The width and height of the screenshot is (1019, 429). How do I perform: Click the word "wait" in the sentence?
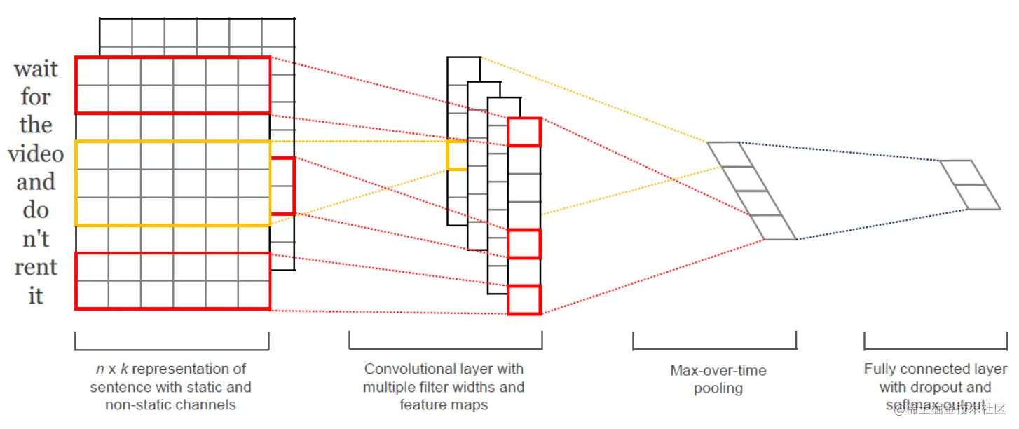click(x=36, y=69)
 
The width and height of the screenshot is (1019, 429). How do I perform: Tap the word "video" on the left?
click(x=36, y=154)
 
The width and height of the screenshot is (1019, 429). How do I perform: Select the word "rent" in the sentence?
click(x=36, y=267)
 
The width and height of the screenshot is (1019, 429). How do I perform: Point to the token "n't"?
click(x=36, y=238)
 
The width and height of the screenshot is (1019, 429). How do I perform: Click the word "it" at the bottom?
click(x=36, y=296)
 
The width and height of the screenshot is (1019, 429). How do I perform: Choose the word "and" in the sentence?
click(x=36, y=182)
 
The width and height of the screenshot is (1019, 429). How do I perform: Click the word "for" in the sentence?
click(x=36, y=97)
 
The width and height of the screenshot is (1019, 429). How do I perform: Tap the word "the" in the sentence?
click(x=36, y=125)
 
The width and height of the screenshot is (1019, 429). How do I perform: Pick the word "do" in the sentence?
click(x=36, y=210)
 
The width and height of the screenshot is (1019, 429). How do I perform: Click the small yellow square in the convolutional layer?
click(x=457, y=155)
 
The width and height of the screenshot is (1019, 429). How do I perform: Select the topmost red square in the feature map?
click(x=524, y=132)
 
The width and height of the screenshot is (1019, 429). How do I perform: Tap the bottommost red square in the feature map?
click(x=524, y=299)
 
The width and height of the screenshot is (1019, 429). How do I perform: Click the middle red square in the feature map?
click(x=524, y=243)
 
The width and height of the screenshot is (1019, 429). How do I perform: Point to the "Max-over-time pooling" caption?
click(x=718, y=379)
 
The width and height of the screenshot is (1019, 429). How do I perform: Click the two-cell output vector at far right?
click(x=970, y=184)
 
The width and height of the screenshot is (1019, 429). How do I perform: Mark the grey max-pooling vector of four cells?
click(x=751, y=191)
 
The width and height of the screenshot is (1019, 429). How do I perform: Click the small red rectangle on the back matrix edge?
click(x=282, y=186)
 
